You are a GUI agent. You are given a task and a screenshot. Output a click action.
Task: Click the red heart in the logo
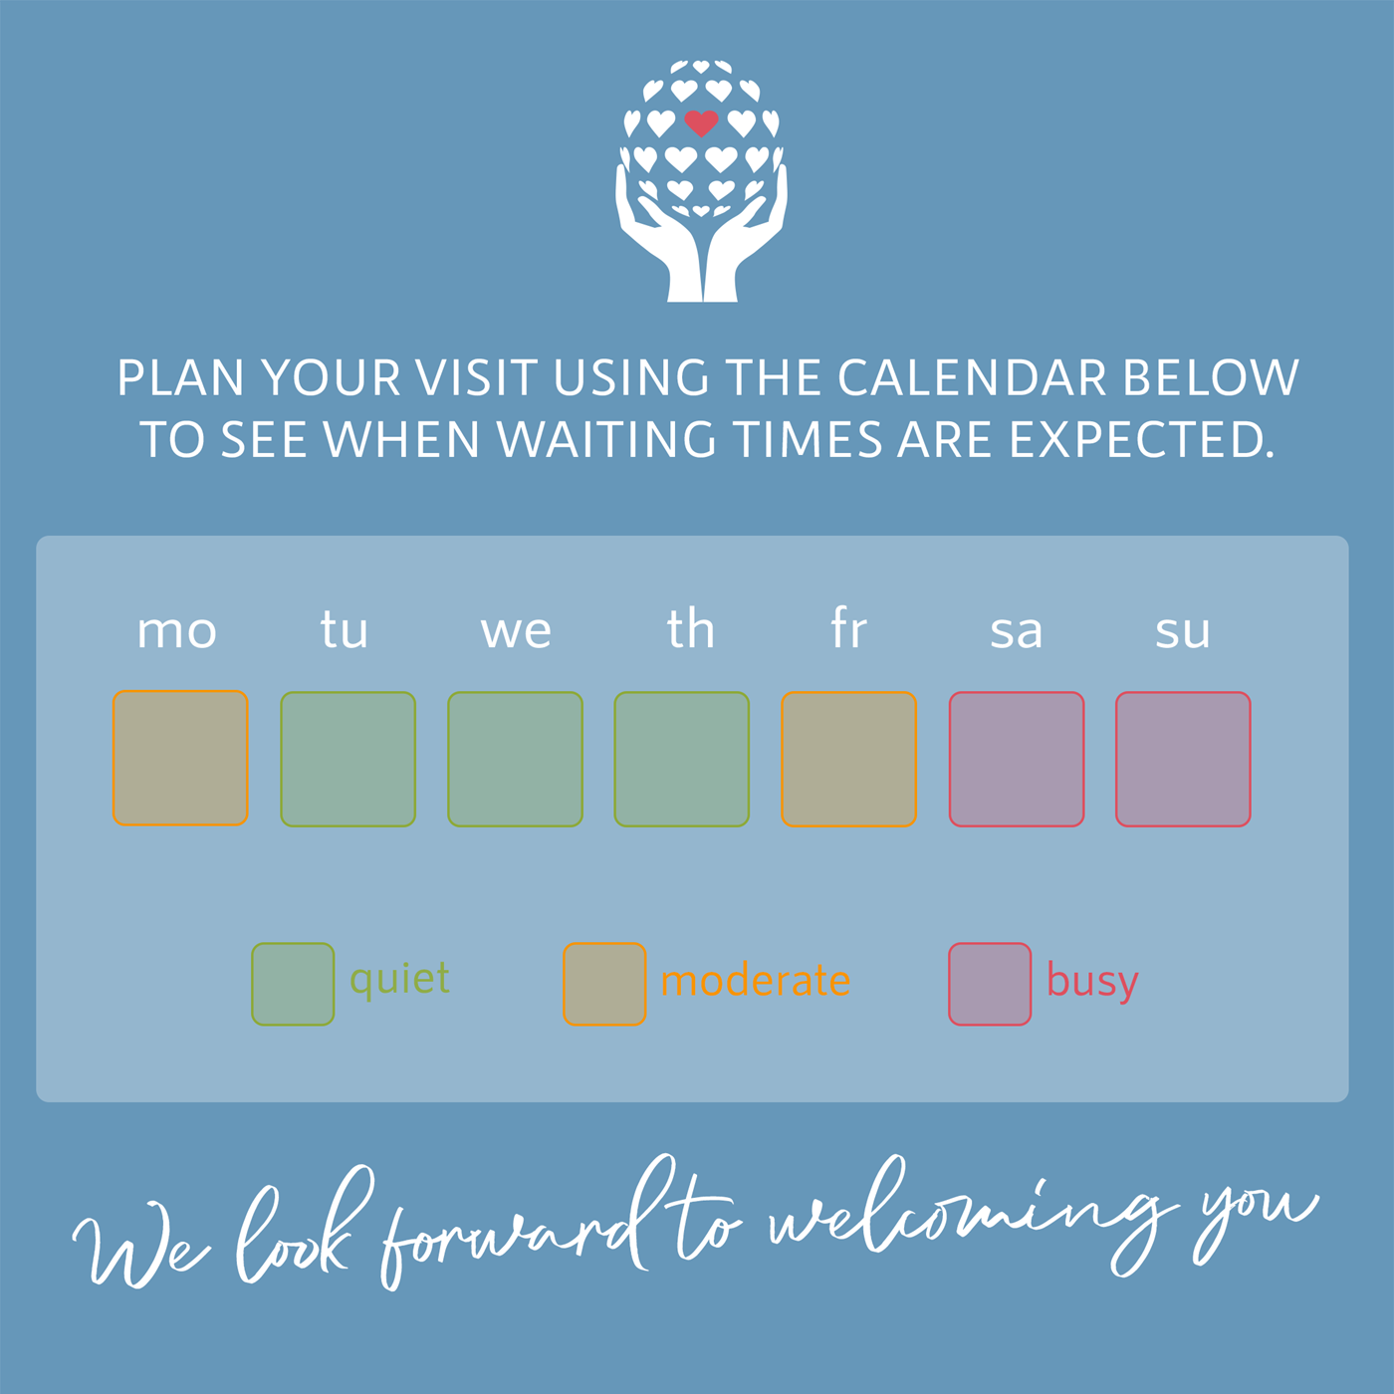click(x=701, y=123)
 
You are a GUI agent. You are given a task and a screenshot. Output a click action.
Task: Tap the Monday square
click(x=180, y=758)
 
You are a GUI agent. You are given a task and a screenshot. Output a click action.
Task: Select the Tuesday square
click(x=348, y=759)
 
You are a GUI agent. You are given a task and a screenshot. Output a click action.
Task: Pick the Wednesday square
click(x=515, y=759)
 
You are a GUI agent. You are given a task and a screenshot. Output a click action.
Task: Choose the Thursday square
click(x=681, y=759)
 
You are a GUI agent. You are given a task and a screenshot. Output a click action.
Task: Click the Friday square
click(x=848, y=759)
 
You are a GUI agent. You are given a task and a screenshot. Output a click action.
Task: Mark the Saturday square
click(x=1017, y=759)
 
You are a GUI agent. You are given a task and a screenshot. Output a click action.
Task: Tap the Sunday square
click(x=1183, y=759)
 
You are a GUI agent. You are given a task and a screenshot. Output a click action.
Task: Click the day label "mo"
click(x=177, y=631)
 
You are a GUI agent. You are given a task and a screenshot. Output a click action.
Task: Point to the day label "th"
click(x=691, y=627)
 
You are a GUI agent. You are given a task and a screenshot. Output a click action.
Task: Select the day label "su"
click(x=1182, y=631)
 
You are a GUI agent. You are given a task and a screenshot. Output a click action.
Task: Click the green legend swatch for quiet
click(x=293, y=984)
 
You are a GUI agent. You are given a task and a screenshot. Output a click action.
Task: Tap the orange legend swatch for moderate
click(x=604, y=984)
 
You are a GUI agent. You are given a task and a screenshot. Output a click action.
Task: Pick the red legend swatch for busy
click(x=990, y=984)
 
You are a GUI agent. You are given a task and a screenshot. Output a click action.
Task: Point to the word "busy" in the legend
click(x=1093, y=983)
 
